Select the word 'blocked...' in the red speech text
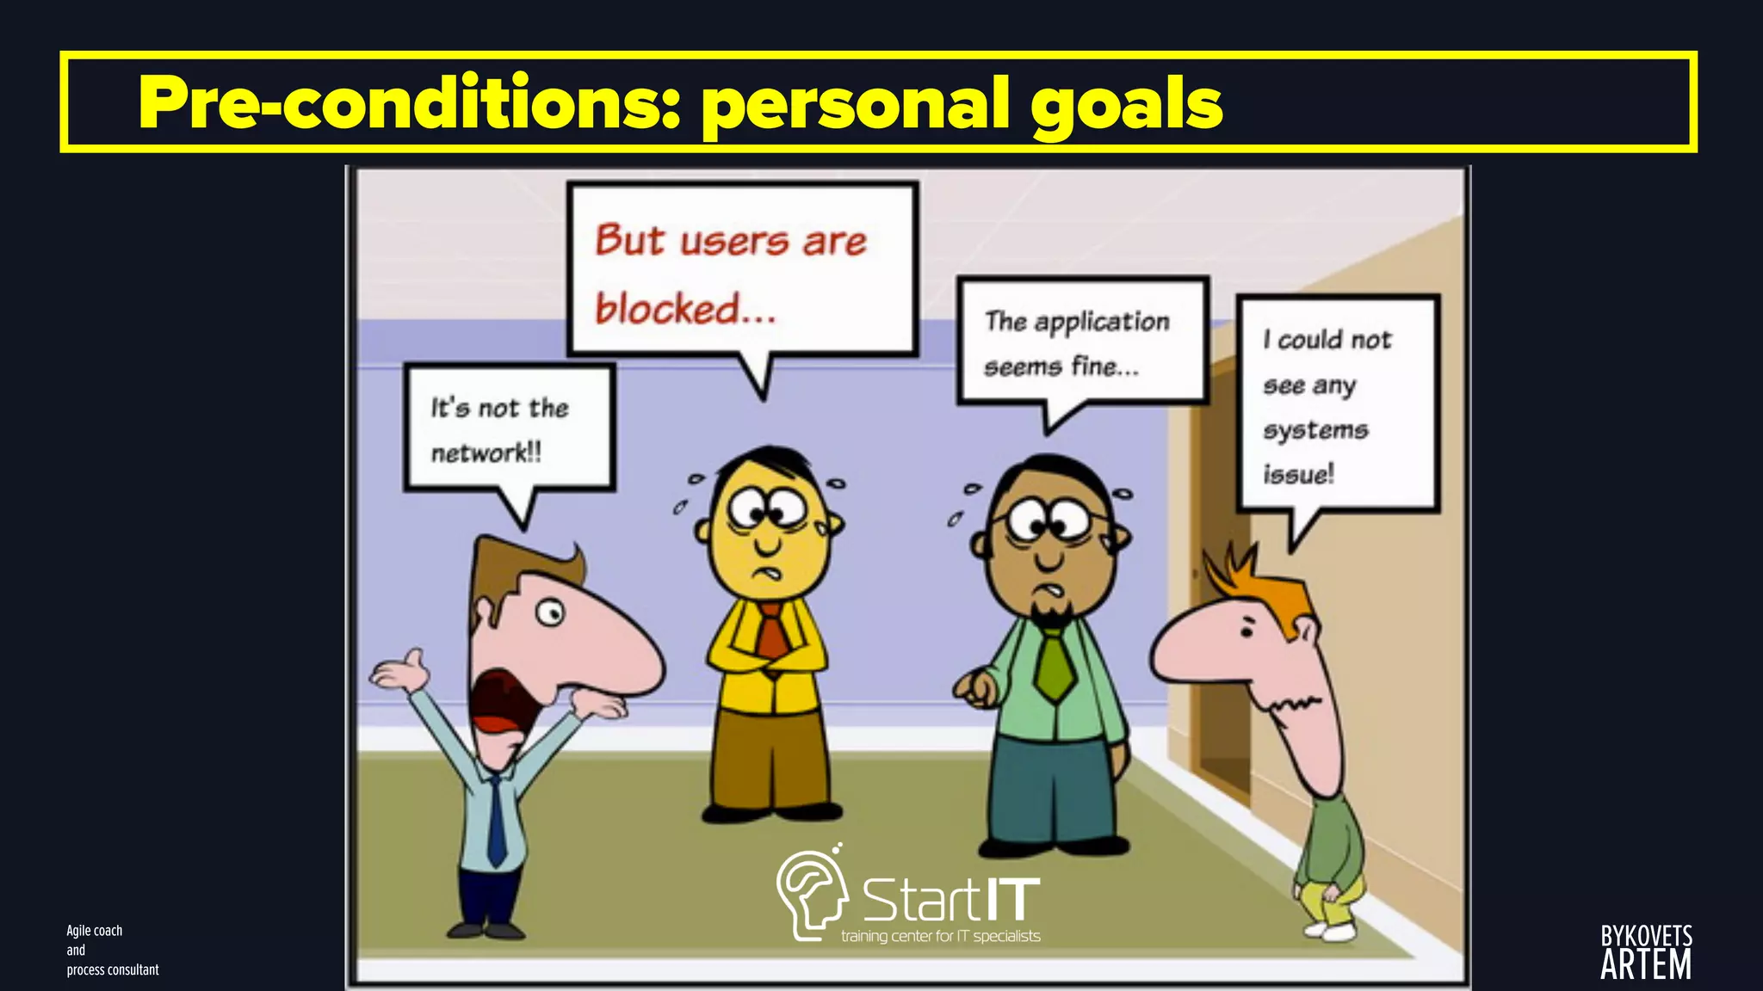(685, 309)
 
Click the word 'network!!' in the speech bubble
(486, 452)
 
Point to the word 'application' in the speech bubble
(1102, 322)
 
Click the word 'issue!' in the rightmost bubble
(1298, 473)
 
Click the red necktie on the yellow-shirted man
(771, 631)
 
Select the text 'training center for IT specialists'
(940, 936)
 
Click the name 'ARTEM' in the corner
(1645, 965)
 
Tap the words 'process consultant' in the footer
(113, 969)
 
